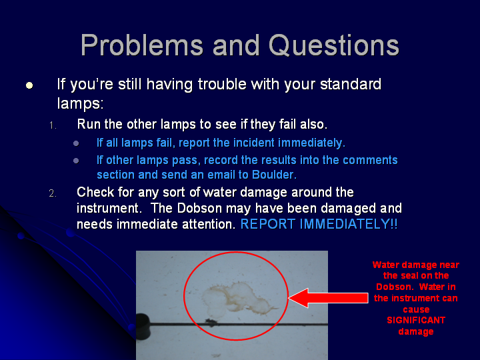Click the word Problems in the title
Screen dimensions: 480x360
point(142,45)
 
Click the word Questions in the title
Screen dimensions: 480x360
point(334,45)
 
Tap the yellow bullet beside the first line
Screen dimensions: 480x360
point(29,85)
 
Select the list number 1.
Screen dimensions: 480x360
point(53,125)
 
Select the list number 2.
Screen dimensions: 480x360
point(53,193)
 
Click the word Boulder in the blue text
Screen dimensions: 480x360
point(274,175)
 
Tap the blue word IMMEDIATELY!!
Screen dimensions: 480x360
point(349,224)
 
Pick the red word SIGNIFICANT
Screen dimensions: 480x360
point(416,320)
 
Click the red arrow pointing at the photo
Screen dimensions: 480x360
point(328,297)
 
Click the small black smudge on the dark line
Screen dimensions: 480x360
point(210,321)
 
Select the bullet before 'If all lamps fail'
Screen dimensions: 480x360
point(76,143)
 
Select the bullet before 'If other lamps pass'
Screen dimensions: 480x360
point(76,161)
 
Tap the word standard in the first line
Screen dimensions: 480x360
point(351,84)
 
